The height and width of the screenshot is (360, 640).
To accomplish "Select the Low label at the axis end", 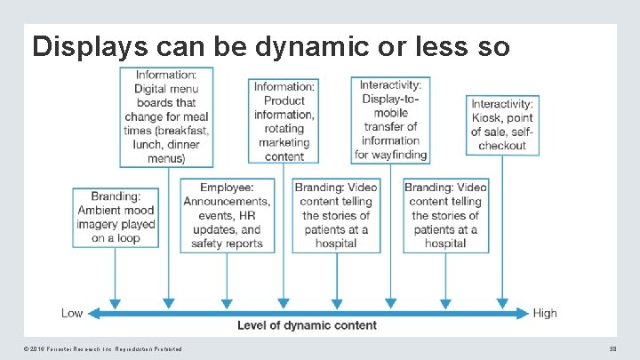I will coord(72,313).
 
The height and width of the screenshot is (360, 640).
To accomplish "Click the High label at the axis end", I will coord(545,313).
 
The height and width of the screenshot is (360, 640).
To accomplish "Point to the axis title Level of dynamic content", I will coord(307,325).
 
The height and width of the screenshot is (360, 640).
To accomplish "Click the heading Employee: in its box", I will coord(227,188).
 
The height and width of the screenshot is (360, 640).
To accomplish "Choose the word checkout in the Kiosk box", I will coord(502,146).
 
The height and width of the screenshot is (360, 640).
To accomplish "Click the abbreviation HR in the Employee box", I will coord(249,216).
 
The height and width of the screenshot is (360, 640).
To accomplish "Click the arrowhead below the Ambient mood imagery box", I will coord(114,302).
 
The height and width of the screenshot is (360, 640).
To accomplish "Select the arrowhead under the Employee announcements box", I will coord(227,302).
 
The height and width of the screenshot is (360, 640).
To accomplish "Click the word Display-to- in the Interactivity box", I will coord(390,99).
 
